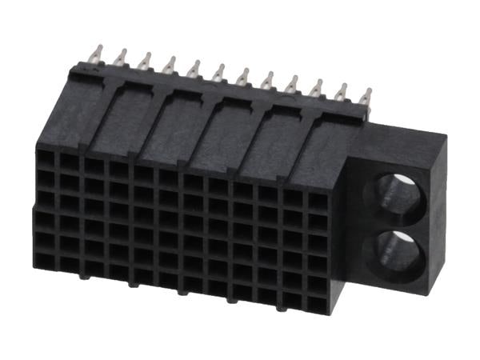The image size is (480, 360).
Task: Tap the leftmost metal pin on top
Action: click(97, 55)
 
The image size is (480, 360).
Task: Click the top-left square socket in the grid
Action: click(46, 158)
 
